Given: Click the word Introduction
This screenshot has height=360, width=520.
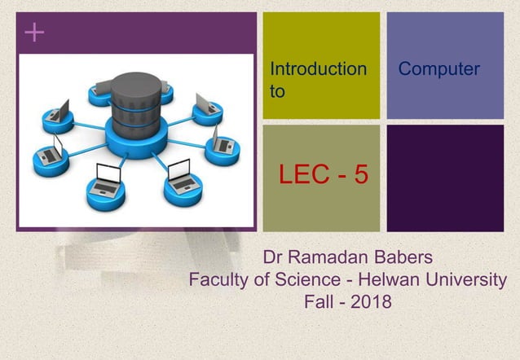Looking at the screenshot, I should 318,69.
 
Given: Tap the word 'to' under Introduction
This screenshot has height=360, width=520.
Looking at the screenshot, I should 277,92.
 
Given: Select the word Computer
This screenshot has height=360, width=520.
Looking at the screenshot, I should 438,69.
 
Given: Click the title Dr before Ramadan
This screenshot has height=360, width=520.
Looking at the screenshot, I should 274,260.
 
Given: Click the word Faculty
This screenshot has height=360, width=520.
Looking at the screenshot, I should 219,281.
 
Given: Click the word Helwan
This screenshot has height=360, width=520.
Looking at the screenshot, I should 386,281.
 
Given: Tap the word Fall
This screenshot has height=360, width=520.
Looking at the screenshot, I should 319,303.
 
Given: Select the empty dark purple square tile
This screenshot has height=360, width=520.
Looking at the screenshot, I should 444,178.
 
